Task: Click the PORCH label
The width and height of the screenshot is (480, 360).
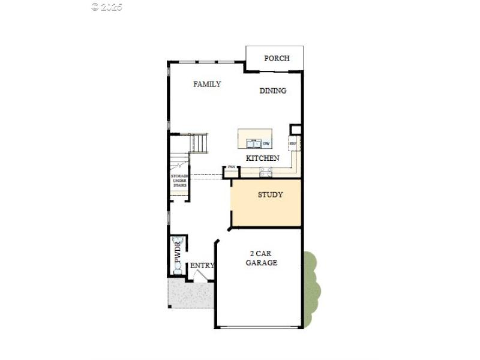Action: click(x=277, y=58)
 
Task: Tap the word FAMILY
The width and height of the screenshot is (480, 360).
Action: click(x=207, y=84)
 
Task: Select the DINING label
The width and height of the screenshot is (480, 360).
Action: click(x=272, y=91)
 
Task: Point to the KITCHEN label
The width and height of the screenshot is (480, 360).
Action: click(x=262, y=158)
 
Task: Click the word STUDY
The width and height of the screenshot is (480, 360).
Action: click(x=270, y=195)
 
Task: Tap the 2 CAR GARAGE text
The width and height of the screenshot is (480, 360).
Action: click(x=262, y=258)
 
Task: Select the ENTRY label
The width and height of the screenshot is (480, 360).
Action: click(x=202, y=265)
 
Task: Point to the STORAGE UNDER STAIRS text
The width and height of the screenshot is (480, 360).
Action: click(x=180, y=181)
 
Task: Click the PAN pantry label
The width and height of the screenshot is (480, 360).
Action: click(x=231, y=167)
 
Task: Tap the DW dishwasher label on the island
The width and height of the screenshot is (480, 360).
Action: click(x=266, y=143)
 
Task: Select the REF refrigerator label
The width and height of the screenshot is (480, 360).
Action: click(x=293, y=144)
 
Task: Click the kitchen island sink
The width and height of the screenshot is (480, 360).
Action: click(x=253, y=143)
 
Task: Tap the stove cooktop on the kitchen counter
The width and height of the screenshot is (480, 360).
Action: click(x=266, y=173)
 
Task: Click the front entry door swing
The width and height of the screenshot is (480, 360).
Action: click(x=202, y=275)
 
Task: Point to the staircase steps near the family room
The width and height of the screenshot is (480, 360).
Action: click(x=197, y=143)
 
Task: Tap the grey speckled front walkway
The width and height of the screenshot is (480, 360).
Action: click(x=191, y=294)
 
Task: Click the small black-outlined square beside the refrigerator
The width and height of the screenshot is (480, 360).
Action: click(x=295, y=130)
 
